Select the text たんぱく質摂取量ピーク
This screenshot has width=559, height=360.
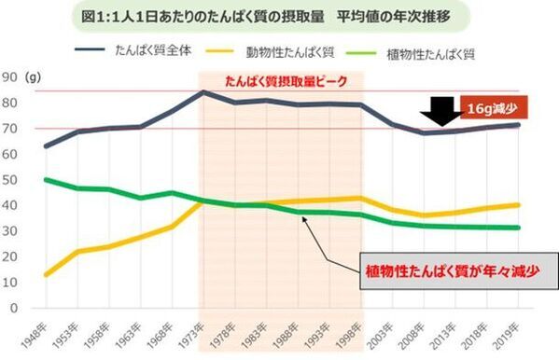point(285,81)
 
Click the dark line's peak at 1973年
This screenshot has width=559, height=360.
point(203,92)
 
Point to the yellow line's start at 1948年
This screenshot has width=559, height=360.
point(45,275)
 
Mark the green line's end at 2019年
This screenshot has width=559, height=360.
point(519,228)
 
